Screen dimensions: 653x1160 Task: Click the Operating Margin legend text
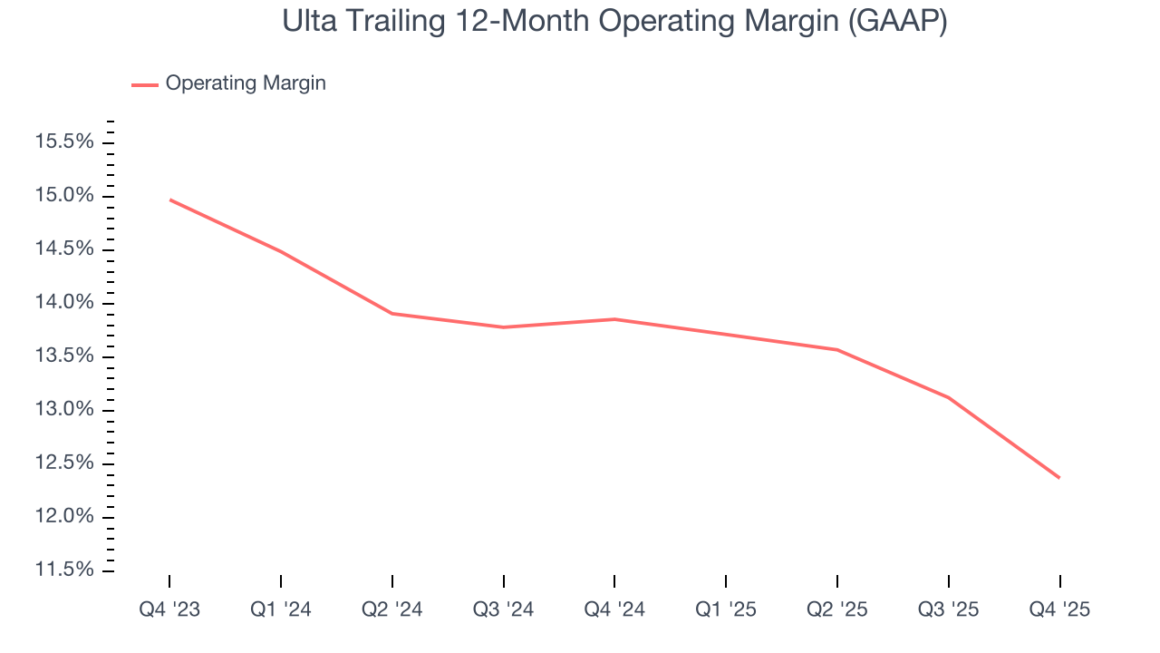click(x=246, y=83)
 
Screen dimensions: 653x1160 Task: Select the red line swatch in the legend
click(x=145, y=84)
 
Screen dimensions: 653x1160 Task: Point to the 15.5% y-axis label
click(x=63, y=142)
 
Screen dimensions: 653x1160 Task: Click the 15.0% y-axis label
click(x=63, y=196)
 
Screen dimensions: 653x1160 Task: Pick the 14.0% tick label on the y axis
click(x=63, y=303)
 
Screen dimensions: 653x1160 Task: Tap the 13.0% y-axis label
click(x=63, y=410)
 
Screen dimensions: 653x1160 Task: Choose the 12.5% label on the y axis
click(x=63, y=463)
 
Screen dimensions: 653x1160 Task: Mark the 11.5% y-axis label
click(x=63, y=570)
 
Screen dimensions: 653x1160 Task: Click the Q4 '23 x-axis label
click(x=169, y=609)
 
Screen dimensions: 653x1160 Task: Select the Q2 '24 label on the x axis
click(x=392, y=609)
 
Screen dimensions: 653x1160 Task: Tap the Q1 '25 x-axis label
click(x=726, y=609)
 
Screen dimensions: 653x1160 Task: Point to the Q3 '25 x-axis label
click(x=949, y=609)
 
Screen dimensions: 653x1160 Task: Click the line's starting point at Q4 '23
click(x=170, y=200)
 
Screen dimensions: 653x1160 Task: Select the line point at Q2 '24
click(x=392, y=314)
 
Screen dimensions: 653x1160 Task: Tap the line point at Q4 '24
click(x=614, y=319)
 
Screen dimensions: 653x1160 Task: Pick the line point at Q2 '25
click(x=837, y=350)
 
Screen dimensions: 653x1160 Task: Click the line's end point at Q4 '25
click(x=1059, y=478)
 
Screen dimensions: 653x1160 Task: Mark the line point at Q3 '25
click(x=949, y=397)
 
